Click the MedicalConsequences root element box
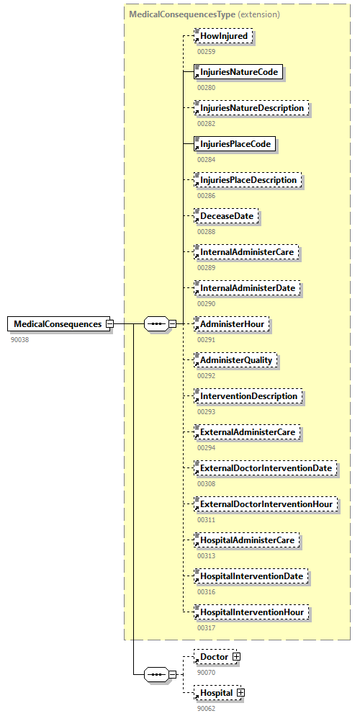[x=58, y=324]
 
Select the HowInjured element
[x=224, y=36]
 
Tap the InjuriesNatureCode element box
[x=239, y=72]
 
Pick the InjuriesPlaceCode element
[x=235, y=144]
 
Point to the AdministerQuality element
[x=238, y=360]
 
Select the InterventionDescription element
[x=248, y=396]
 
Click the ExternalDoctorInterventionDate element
[x=266, y=468]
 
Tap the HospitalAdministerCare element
[x=249, y=540]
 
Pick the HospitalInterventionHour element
[x=253, y=612]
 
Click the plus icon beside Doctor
[x=236, y=657]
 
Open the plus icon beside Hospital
[x=241, y=693]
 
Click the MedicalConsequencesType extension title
[x=204, y=14]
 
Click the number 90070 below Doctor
[x=207, y=672]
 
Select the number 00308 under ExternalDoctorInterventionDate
[x=207, y=483]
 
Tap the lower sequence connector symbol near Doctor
[x=156, y=674]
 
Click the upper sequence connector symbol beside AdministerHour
[x=156, y=324]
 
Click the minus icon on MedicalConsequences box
[x=109, y=324]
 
